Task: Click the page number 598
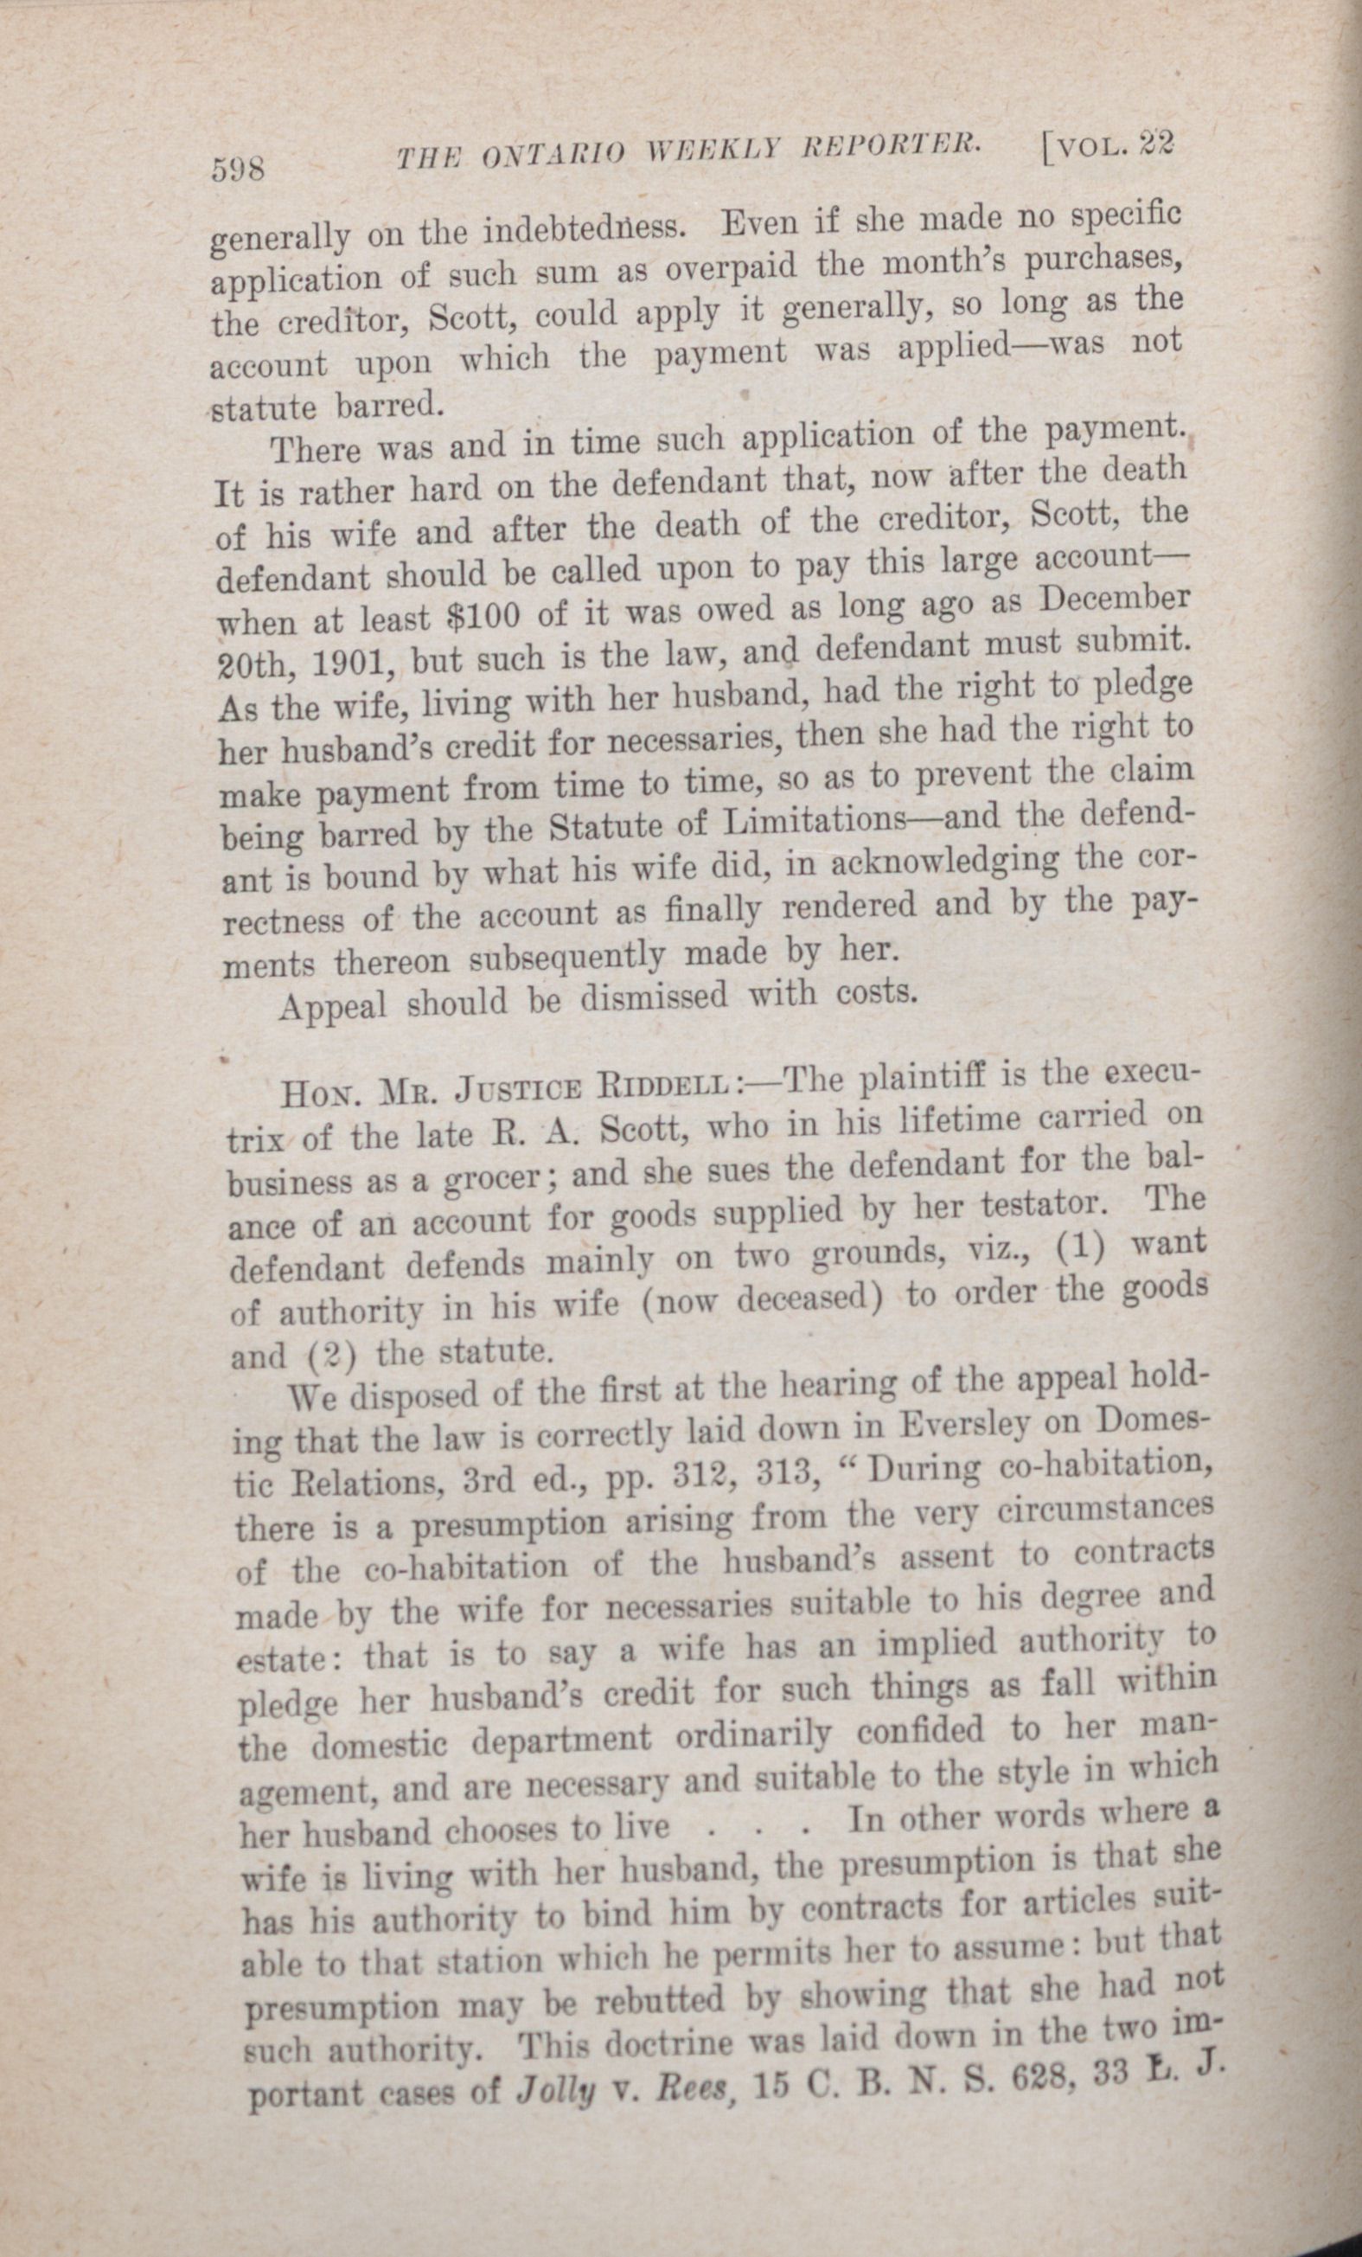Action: (237, 169)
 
